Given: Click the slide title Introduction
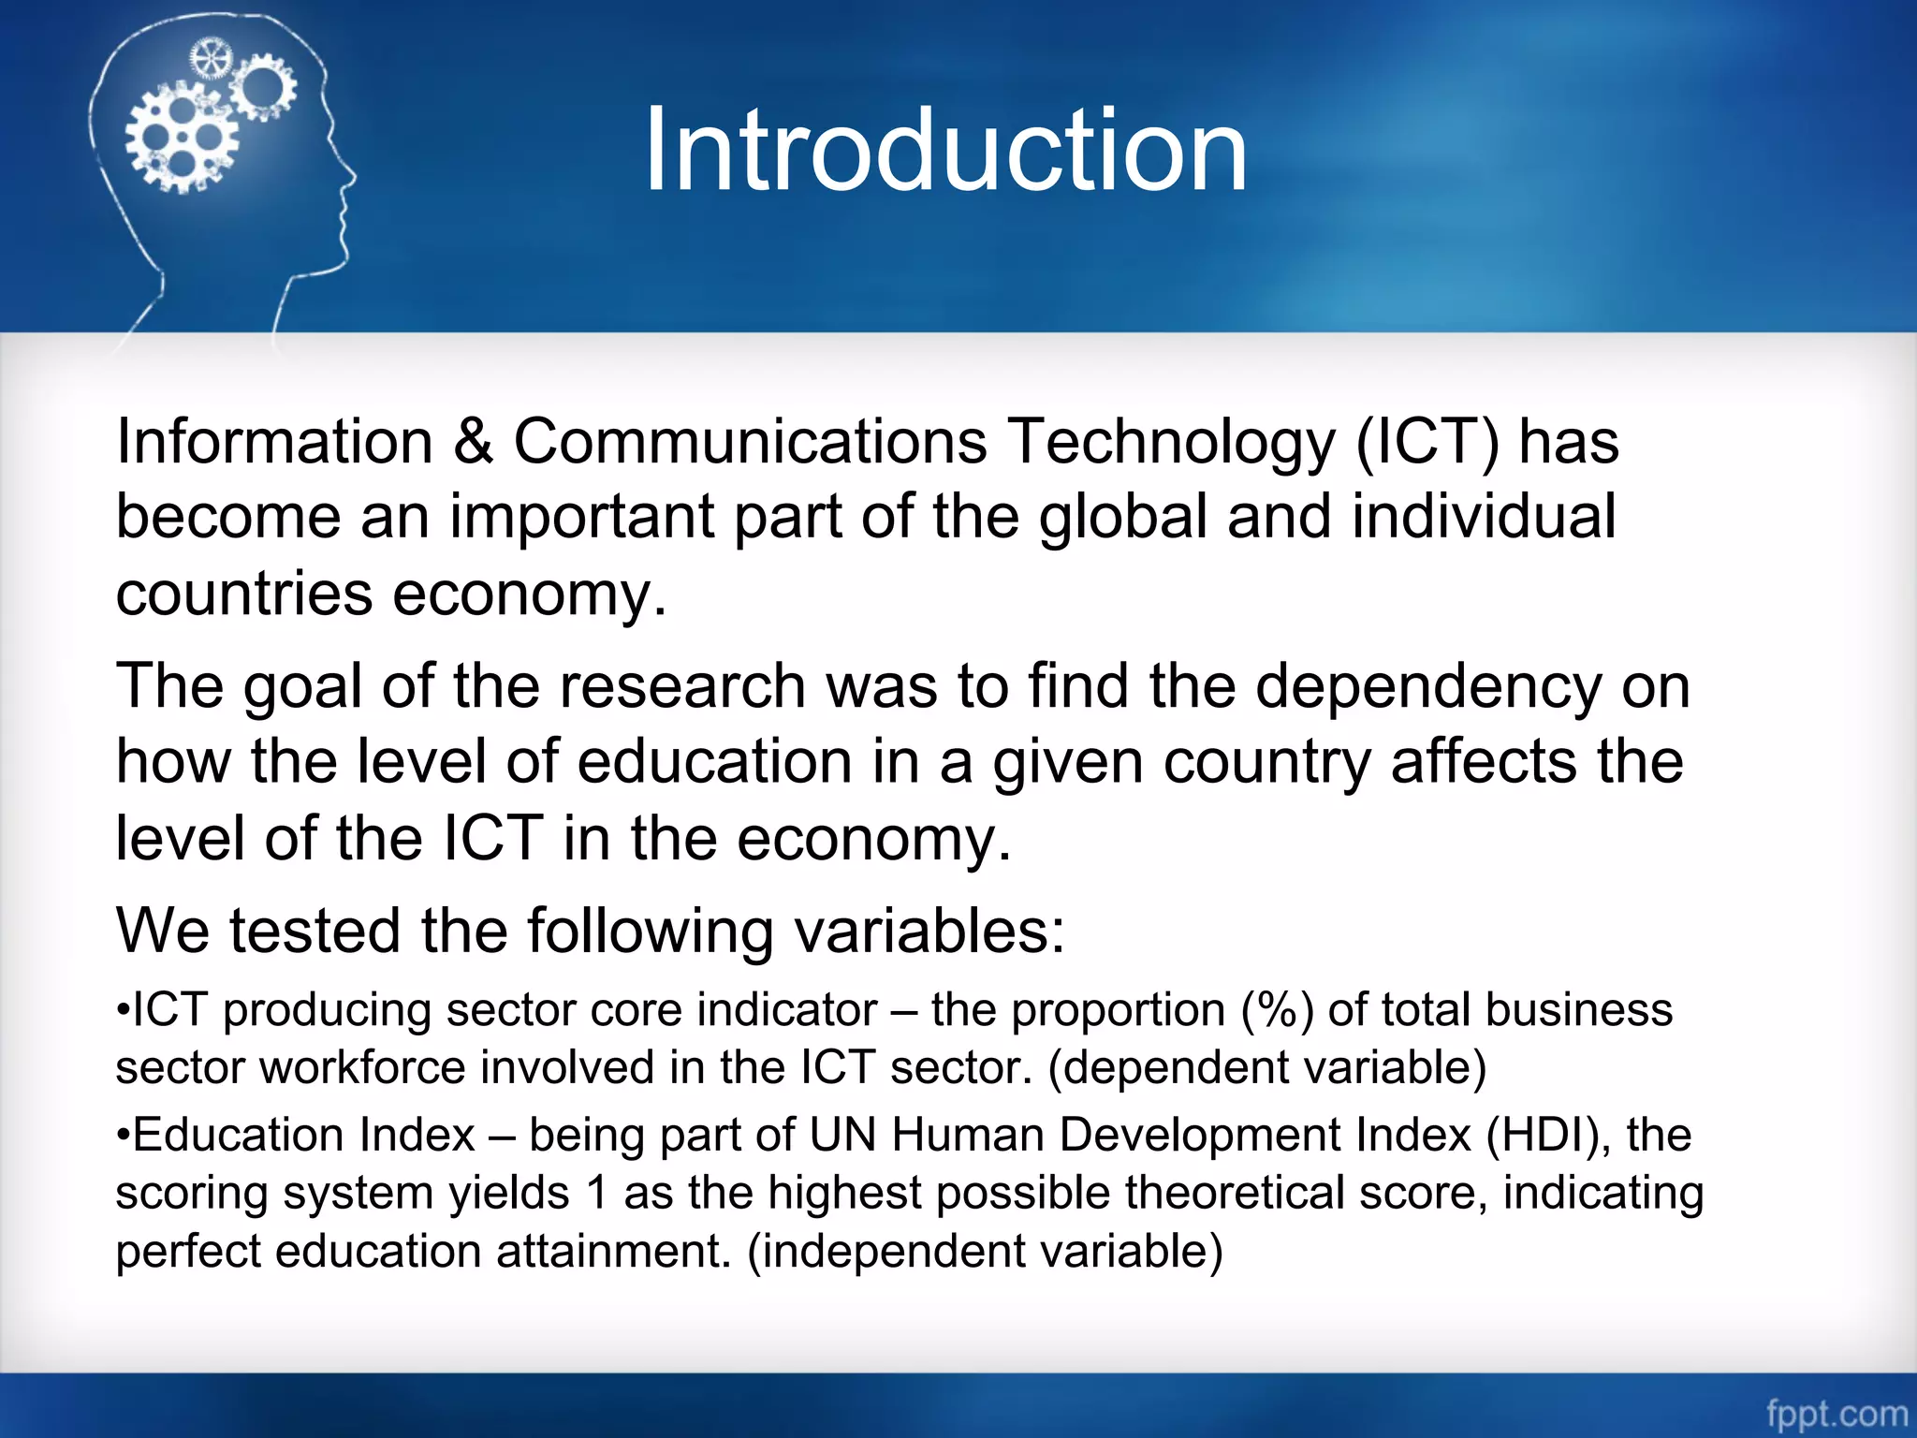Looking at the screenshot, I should (x=945, y=150).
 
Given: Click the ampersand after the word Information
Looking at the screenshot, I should (x=473, y=442).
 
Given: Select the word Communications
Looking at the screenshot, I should (x=750, y=442).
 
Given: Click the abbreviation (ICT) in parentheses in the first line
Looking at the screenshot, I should (x=1427, y=442).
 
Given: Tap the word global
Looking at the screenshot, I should (x=1123, y=517).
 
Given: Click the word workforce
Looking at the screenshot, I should (x=362, y=1068).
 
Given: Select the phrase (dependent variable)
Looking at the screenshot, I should (x=1266, y=1068).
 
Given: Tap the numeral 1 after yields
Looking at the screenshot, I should (x=596, y=1194).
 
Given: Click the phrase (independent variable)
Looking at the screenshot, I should (x=985, y=1252).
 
